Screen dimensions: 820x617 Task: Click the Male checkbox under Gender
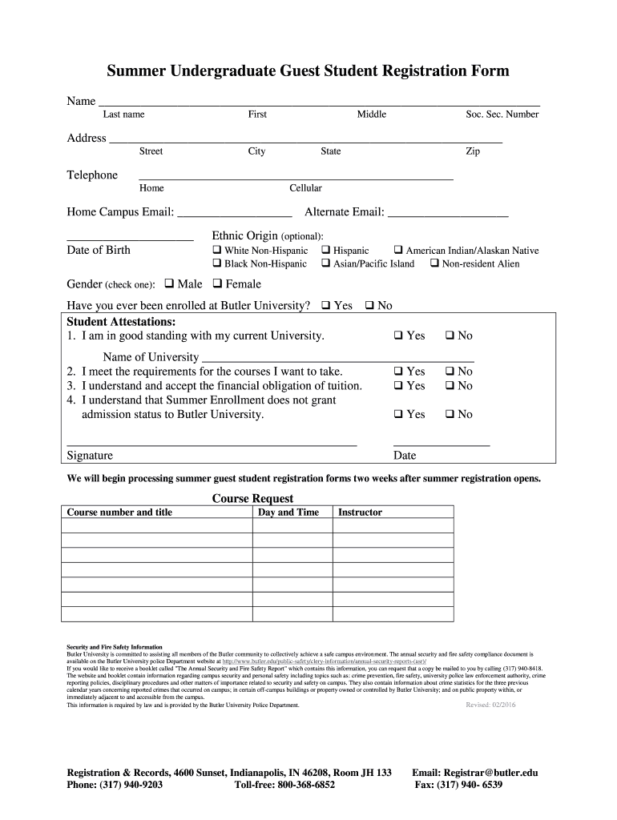pos(169,283)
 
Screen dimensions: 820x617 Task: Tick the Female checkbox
pos(217,283)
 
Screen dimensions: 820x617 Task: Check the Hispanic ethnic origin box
pos(326,251)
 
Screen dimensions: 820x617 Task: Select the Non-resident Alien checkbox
pos(434,263)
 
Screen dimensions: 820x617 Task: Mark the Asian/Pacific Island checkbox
pos(326,263)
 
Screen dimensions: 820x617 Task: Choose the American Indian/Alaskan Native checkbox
pos(398,251)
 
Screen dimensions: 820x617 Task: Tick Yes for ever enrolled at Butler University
pos(326,305)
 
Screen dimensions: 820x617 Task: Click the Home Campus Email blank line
pos(234,216)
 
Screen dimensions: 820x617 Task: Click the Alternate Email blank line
pos(448,216)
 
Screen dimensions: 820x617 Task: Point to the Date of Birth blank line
pos(129,239)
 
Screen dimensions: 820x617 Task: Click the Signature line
pos(211,444)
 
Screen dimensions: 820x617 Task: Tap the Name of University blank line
pos(338,362)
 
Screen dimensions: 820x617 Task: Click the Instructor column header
pos(361,512)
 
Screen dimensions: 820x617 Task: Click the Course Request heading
pos(252,498)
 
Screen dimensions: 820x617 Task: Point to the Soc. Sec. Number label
pos(502,115)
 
